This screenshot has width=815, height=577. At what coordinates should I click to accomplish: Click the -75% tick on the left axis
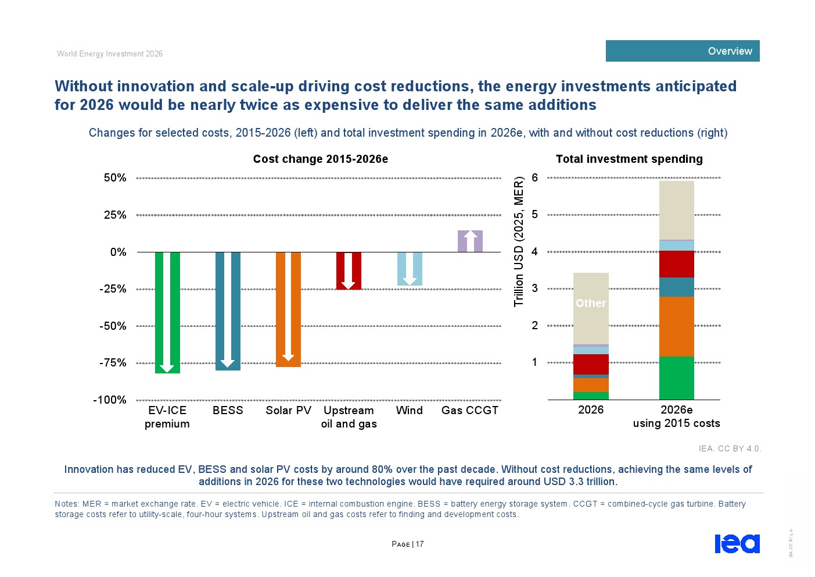tap(113, 363)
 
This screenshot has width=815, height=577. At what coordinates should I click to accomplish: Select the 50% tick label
tap(115, 178)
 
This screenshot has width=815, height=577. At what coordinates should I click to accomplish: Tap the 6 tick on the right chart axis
tap(534, 178)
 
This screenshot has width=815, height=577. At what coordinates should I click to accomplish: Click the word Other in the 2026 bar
tap(591, 303)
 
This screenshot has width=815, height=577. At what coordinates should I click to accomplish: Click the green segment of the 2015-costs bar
tap(677, 377)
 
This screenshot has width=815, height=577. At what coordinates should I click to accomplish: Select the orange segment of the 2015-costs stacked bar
tap(677, 326)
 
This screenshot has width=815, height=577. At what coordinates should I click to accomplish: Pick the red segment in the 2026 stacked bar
tap(591, 364)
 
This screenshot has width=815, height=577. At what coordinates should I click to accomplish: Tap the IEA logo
tap(737, 543)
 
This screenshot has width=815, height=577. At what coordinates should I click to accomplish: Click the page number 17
tap(419, 544)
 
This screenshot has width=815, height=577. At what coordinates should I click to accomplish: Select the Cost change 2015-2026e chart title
tap(321, 159)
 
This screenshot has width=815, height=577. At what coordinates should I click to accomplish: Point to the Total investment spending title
tap(629, 159)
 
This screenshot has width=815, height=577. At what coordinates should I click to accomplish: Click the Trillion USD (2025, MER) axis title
tap(519, 241)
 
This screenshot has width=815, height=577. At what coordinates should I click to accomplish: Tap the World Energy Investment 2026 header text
tap(110, 54)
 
